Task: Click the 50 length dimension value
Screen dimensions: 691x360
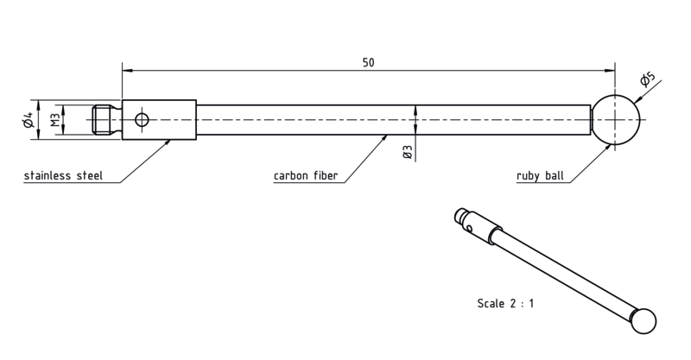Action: point(369,62)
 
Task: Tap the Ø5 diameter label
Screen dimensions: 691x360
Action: point(648,79)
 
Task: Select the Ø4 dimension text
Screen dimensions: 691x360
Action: point(29,120)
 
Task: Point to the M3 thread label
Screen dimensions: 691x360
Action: point(54,120)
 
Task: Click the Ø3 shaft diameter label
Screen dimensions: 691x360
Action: point(407,152)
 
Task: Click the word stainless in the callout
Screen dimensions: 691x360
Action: point(48,175)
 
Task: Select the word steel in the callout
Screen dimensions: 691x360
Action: point(90,175)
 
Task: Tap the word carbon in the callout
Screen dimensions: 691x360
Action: point(291,175)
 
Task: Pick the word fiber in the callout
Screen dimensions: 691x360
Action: point(326,175)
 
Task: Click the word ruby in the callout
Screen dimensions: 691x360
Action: point(528,176)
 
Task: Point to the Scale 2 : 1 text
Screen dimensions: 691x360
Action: point(505,303)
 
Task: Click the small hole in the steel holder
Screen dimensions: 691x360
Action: point(142,119)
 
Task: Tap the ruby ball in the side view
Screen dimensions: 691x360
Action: point(616,119)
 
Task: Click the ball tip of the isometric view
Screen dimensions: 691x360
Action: point(643,321)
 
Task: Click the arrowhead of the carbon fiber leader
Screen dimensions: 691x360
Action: point(384,138)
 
